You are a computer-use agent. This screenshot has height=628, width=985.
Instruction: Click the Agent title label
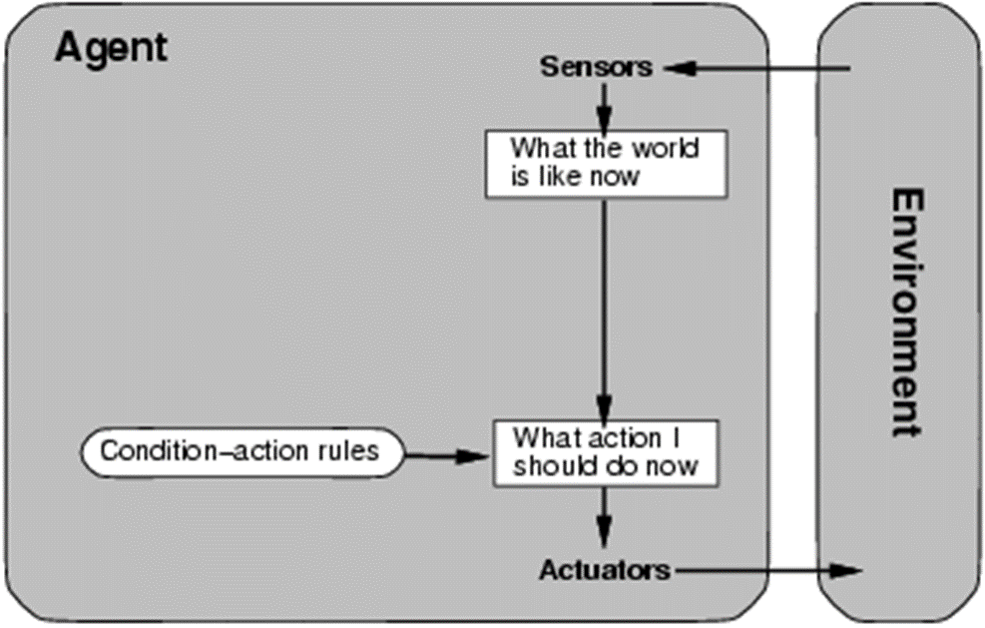[112, 49]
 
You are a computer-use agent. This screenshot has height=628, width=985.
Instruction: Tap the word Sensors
[596, 67]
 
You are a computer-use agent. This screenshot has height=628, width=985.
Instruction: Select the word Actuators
[605, 570]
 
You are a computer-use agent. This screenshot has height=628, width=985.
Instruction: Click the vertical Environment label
[908, 312]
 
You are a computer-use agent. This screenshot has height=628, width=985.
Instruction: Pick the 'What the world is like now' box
[606, 164]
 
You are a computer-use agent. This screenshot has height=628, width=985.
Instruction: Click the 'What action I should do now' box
[606, 453]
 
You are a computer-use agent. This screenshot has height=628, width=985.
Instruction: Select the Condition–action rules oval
[242, 452]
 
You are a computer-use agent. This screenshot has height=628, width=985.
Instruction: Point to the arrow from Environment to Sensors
[757, 68]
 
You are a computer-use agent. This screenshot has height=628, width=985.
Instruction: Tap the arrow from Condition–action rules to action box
[446, 455]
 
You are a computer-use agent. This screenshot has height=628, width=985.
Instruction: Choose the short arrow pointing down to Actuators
[604, 518]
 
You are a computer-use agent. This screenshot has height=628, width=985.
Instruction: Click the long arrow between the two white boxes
[604, 310]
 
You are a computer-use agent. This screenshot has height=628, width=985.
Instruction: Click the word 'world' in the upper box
[665, 149]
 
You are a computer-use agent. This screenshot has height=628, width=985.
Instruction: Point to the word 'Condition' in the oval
[160, 450]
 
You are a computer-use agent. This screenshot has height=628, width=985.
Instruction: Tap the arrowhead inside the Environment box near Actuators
[847, 571]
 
